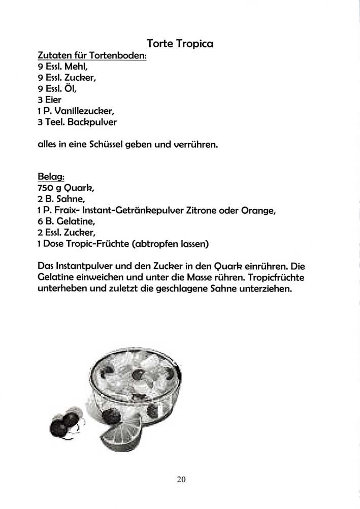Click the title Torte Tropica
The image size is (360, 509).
click(x=180, y=44)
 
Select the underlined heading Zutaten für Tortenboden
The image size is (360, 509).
click(x=92, y=55)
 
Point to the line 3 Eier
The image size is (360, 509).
click(x=50, y=100)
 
